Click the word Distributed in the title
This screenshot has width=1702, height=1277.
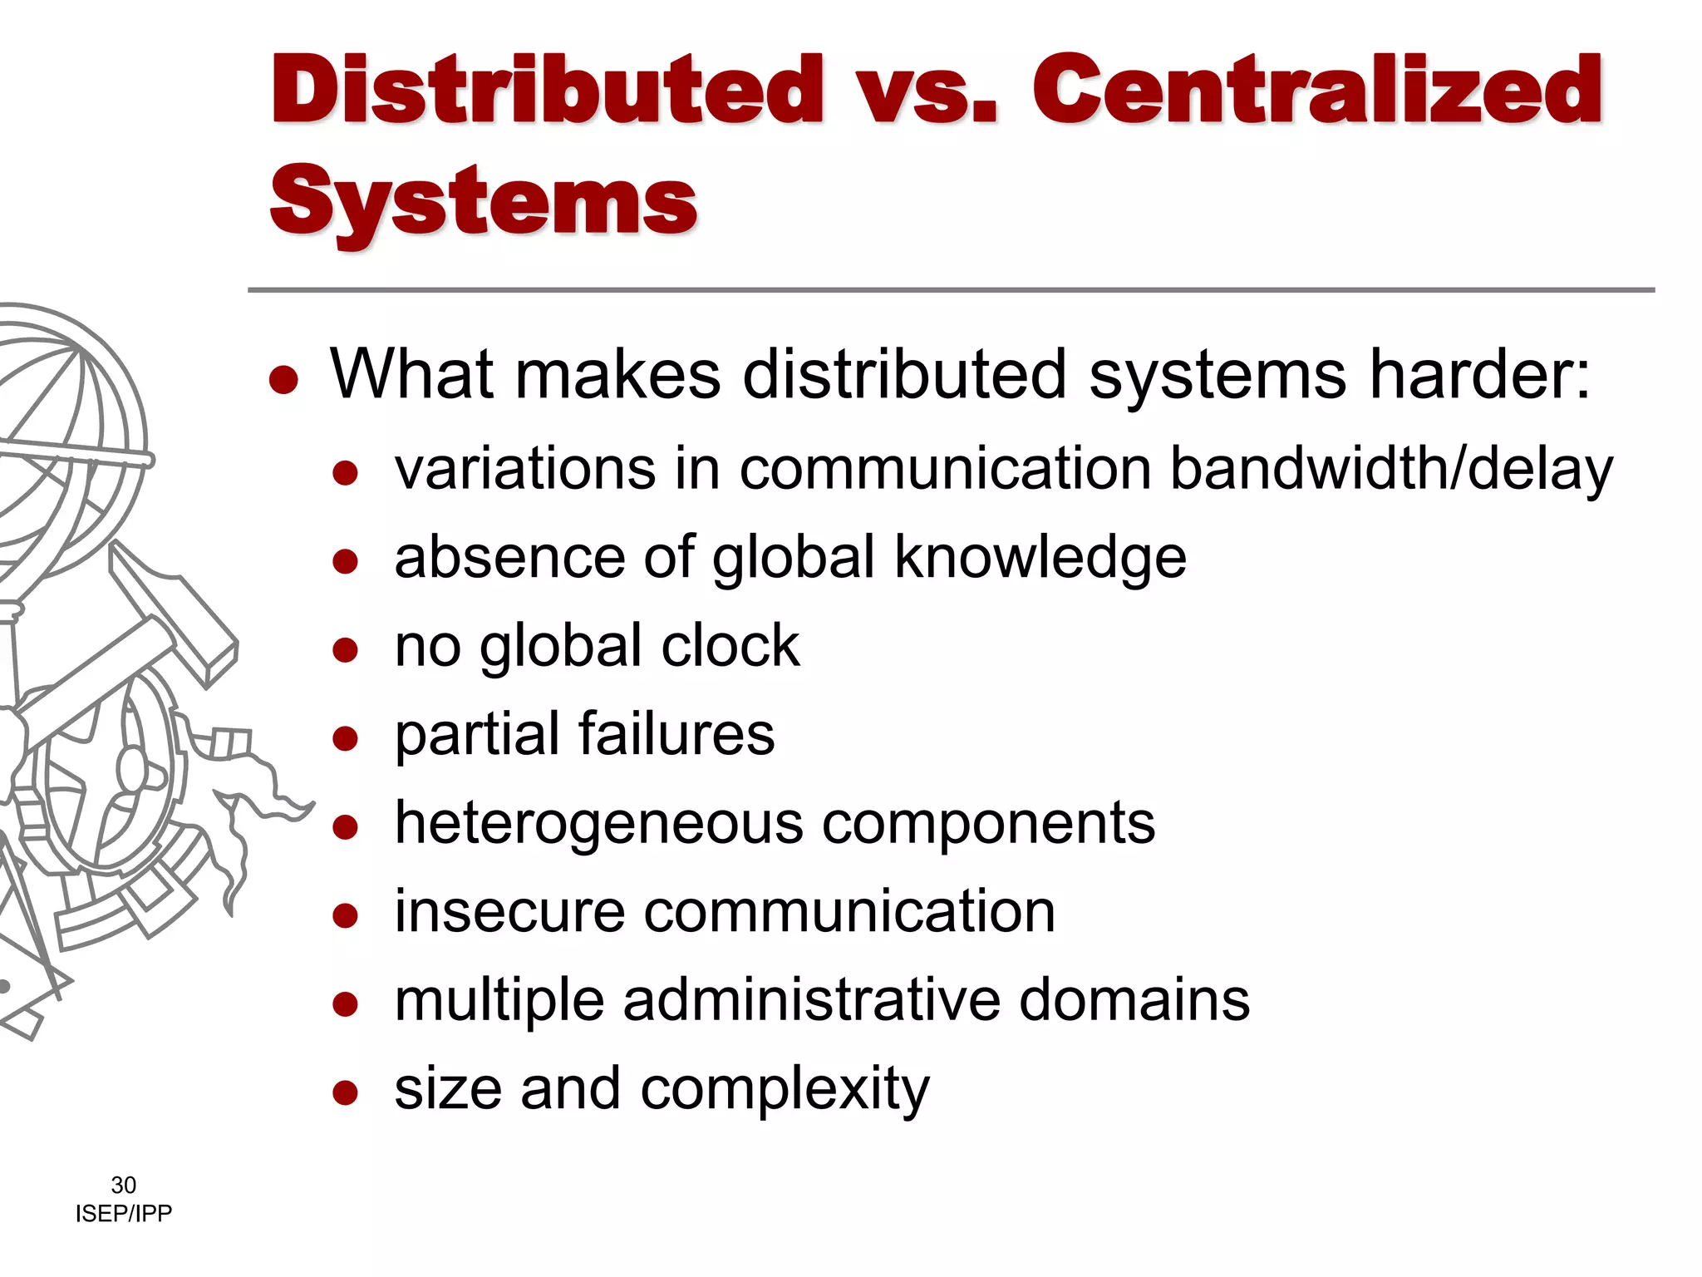point(547,90)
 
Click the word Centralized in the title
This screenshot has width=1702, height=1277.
point(1317,90)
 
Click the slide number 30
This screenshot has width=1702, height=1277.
point(123,1185)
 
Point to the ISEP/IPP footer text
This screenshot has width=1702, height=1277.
point(123,1214)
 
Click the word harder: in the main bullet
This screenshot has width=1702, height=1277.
point(1479,374)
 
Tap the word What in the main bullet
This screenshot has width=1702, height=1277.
point(413,374)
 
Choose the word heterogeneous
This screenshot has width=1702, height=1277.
point(598,824)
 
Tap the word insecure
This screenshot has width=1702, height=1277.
point(509,912)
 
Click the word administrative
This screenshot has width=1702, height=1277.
point(811,1000)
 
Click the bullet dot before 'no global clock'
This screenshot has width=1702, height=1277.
point(345,648)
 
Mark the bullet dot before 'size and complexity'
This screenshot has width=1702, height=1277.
point(345,1092)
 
